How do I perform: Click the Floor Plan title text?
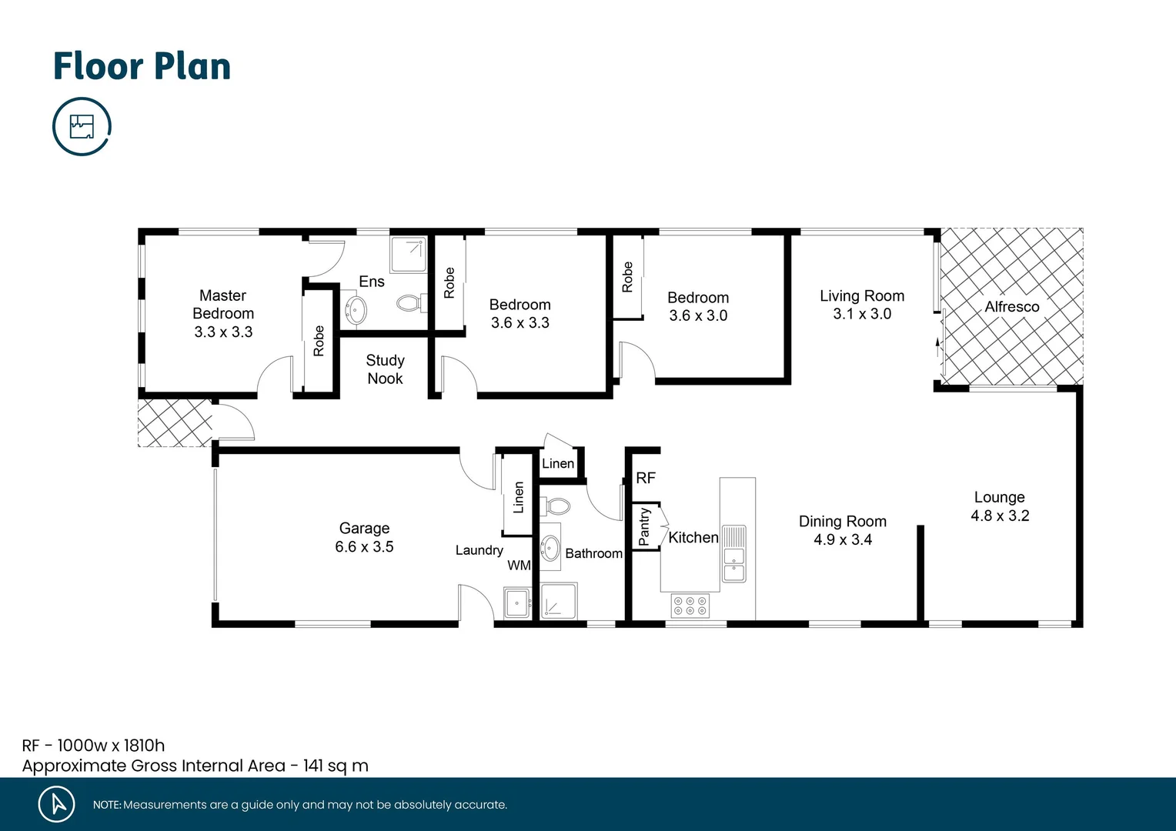pyautogui.click(x=142, y=66)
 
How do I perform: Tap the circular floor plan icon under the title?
pyautogui.click(x=82, y=126)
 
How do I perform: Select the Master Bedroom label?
pyautogui.click(x=223, y=304)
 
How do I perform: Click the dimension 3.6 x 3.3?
pyautogui.click(x=520, y=323)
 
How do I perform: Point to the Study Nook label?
pyautogui.click(x=385, y=369)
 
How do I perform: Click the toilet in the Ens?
pyautogui.click(x=409, y=302)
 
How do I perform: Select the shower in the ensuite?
pyautogui.click(x=408, y=255)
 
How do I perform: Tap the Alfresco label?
pyautogui.click(x=1012, y=307)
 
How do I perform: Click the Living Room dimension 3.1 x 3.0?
pyautogui.click(x=862, y=314)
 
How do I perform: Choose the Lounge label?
pyautogui.click(x=999, y=497)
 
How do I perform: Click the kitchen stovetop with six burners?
pyautogui.click(x=690, y=606)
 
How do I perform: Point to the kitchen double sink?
pyautogui.click(x=734, y=554)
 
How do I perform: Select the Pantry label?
pyautogui.click(x=644, y=527)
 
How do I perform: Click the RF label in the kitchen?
pyautogui.click(x=646, y=479)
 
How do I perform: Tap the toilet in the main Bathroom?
pyautogui.click(x=557, y=506)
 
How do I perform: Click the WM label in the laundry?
pyautogui.click(x=519, y=566)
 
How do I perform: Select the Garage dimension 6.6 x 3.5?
pyautogui.click(x=364, y=547)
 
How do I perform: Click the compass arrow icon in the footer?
pyautogui.click(x=57, y=804)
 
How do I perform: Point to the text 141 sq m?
pyautogui.click(x=336, y=766)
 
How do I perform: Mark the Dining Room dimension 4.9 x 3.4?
pyautogui.click(x=843, y=540)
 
